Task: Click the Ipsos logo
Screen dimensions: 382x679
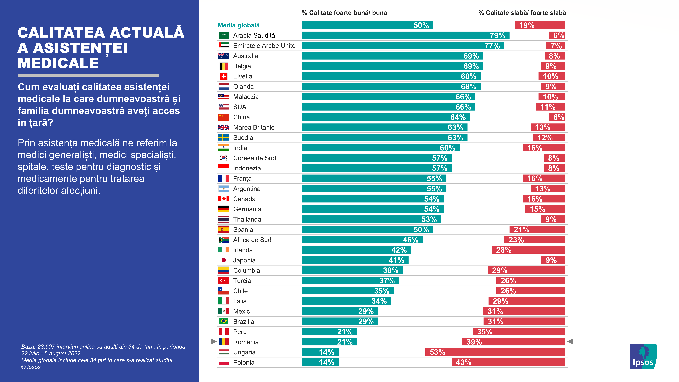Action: [x=643, y=356]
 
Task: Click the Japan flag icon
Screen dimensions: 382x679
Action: [x=223, y=260]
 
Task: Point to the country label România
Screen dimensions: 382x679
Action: [x=246, y=342]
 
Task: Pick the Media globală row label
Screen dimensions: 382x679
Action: [x=239, y=25]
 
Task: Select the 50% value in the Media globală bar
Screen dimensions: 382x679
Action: [x=421, y=25]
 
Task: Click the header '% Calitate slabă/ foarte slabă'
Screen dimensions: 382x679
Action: [x=522, y=13]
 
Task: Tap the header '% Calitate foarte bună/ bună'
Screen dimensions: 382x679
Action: [x=344, y=13]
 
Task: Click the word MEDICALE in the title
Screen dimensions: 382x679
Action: [x=58, y=63]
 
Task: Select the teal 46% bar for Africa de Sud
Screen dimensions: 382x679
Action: [x=362, y=240]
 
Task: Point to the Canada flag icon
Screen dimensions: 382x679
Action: [x=223, y=199]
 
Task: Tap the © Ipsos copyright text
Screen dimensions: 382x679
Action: [x=31, y=367]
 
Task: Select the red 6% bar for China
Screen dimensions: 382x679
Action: [x=557, y=117]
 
